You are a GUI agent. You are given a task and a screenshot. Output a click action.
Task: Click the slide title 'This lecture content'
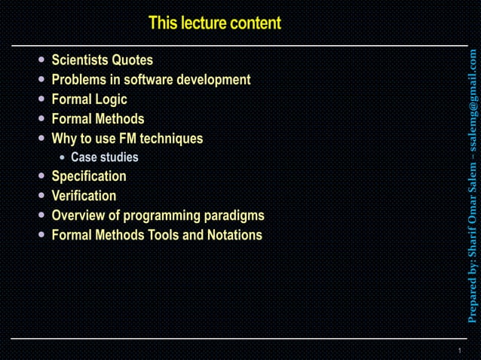coord(215,23)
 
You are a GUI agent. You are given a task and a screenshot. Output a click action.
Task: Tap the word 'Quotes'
coord(133,60)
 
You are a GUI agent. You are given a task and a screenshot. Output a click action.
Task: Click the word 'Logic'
coord(110,99)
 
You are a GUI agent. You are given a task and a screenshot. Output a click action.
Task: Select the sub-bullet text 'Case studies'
coord(105,158)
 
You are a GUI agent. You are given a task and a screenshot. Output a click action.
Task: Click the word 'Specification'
coord(89,176)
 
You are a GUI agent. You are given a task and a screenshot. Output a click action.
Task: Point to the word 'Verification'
coord(84,196)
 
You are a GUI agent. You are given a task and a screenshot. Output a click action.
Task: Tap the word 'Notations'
coord(234,235)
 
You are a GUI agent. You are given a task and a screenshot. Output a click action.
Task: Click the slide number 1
coord(459,352)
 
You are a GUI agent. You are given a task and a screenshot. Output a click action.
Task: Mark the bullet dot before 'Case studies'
coord(63,158)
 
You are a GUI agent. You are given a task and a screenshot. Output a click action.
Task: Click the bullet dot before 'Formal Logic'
coord(41,99)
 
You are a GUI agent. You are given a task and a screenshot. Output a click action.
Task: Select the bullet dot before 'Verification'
coord(41,196)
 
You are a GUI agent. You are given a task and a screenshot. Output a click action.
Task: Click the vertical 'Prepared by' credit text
coord(473,185)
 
